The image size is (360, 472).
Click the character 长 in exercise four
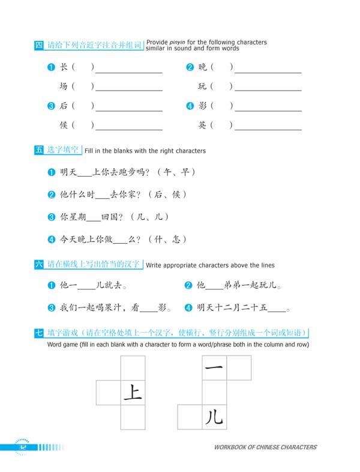click(64, 67)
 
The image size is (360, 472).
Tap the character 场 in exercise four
click(64, 86)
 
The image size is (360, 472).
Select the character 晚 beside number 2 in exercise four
click(203, 67)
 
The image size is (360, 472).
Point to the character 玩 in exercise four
click(203, 86)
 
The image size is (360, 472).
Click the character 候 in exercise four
click(64, 125)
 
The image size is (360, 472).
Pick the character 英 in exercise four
click(203, 125)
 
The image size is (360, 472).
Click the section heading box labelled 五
click(39, 150)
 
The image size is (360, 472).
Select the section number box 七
click(39, 333)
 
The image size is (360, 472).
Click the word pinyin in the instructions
click(178, 42)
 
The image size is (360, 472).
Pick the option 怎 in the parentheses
click(176, 239)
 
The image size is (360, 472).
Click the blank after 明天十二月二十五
click(277, 309)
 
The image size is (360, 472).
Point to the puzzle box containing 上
click(133, 393)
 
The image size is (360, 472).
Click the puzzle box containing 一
click(214, 368)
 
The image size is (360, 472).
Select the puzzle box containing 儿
click(214, 417)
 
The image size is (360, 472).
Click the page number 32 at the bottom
click(23, 447)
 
